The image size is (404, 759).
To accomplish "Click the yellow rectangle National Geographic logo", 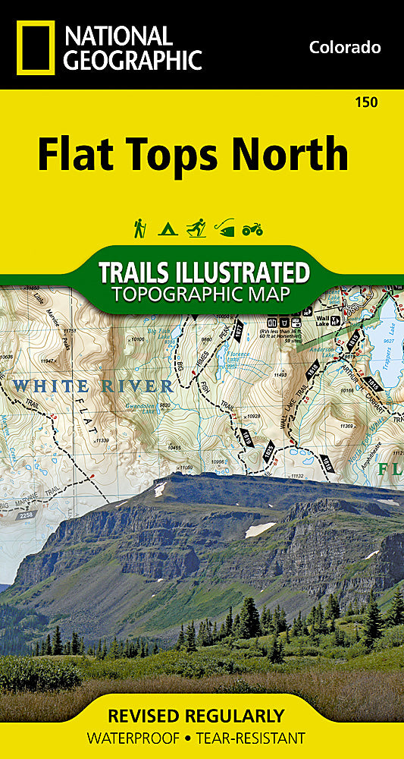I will tap(35, 47).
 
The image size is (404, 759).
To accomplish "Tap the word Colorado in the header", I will tap(344, 47).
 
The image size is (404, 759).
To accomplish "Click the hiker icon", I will tap(139, 228).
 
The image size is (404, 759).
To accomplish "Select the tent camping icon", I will tap(168, 228).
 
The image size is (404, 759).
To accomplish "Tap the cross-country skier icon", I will tap(196, 228).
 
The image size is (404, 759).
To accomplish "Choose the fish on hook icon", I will tap(224, 228).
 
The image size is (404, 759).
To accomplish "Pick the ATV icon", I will tap(252, 228).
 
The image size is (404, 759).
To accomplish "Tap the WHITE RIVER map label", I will tap(92, 386).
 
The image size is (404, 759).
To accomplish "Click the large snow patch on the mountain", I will tap(260, 529).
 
